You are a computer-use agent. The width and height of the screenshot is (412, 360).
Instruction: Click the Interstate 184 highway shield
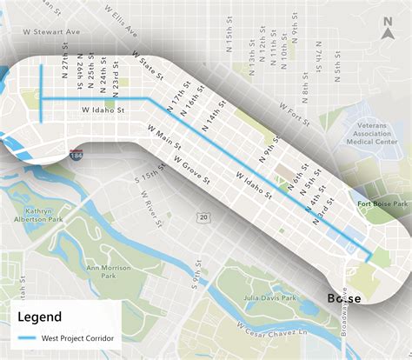pyautogui.click(x=76, y=153)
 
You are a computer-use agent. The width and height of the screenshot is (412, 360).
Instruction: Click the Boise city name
pyautogui.click(x=344, y=298)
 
